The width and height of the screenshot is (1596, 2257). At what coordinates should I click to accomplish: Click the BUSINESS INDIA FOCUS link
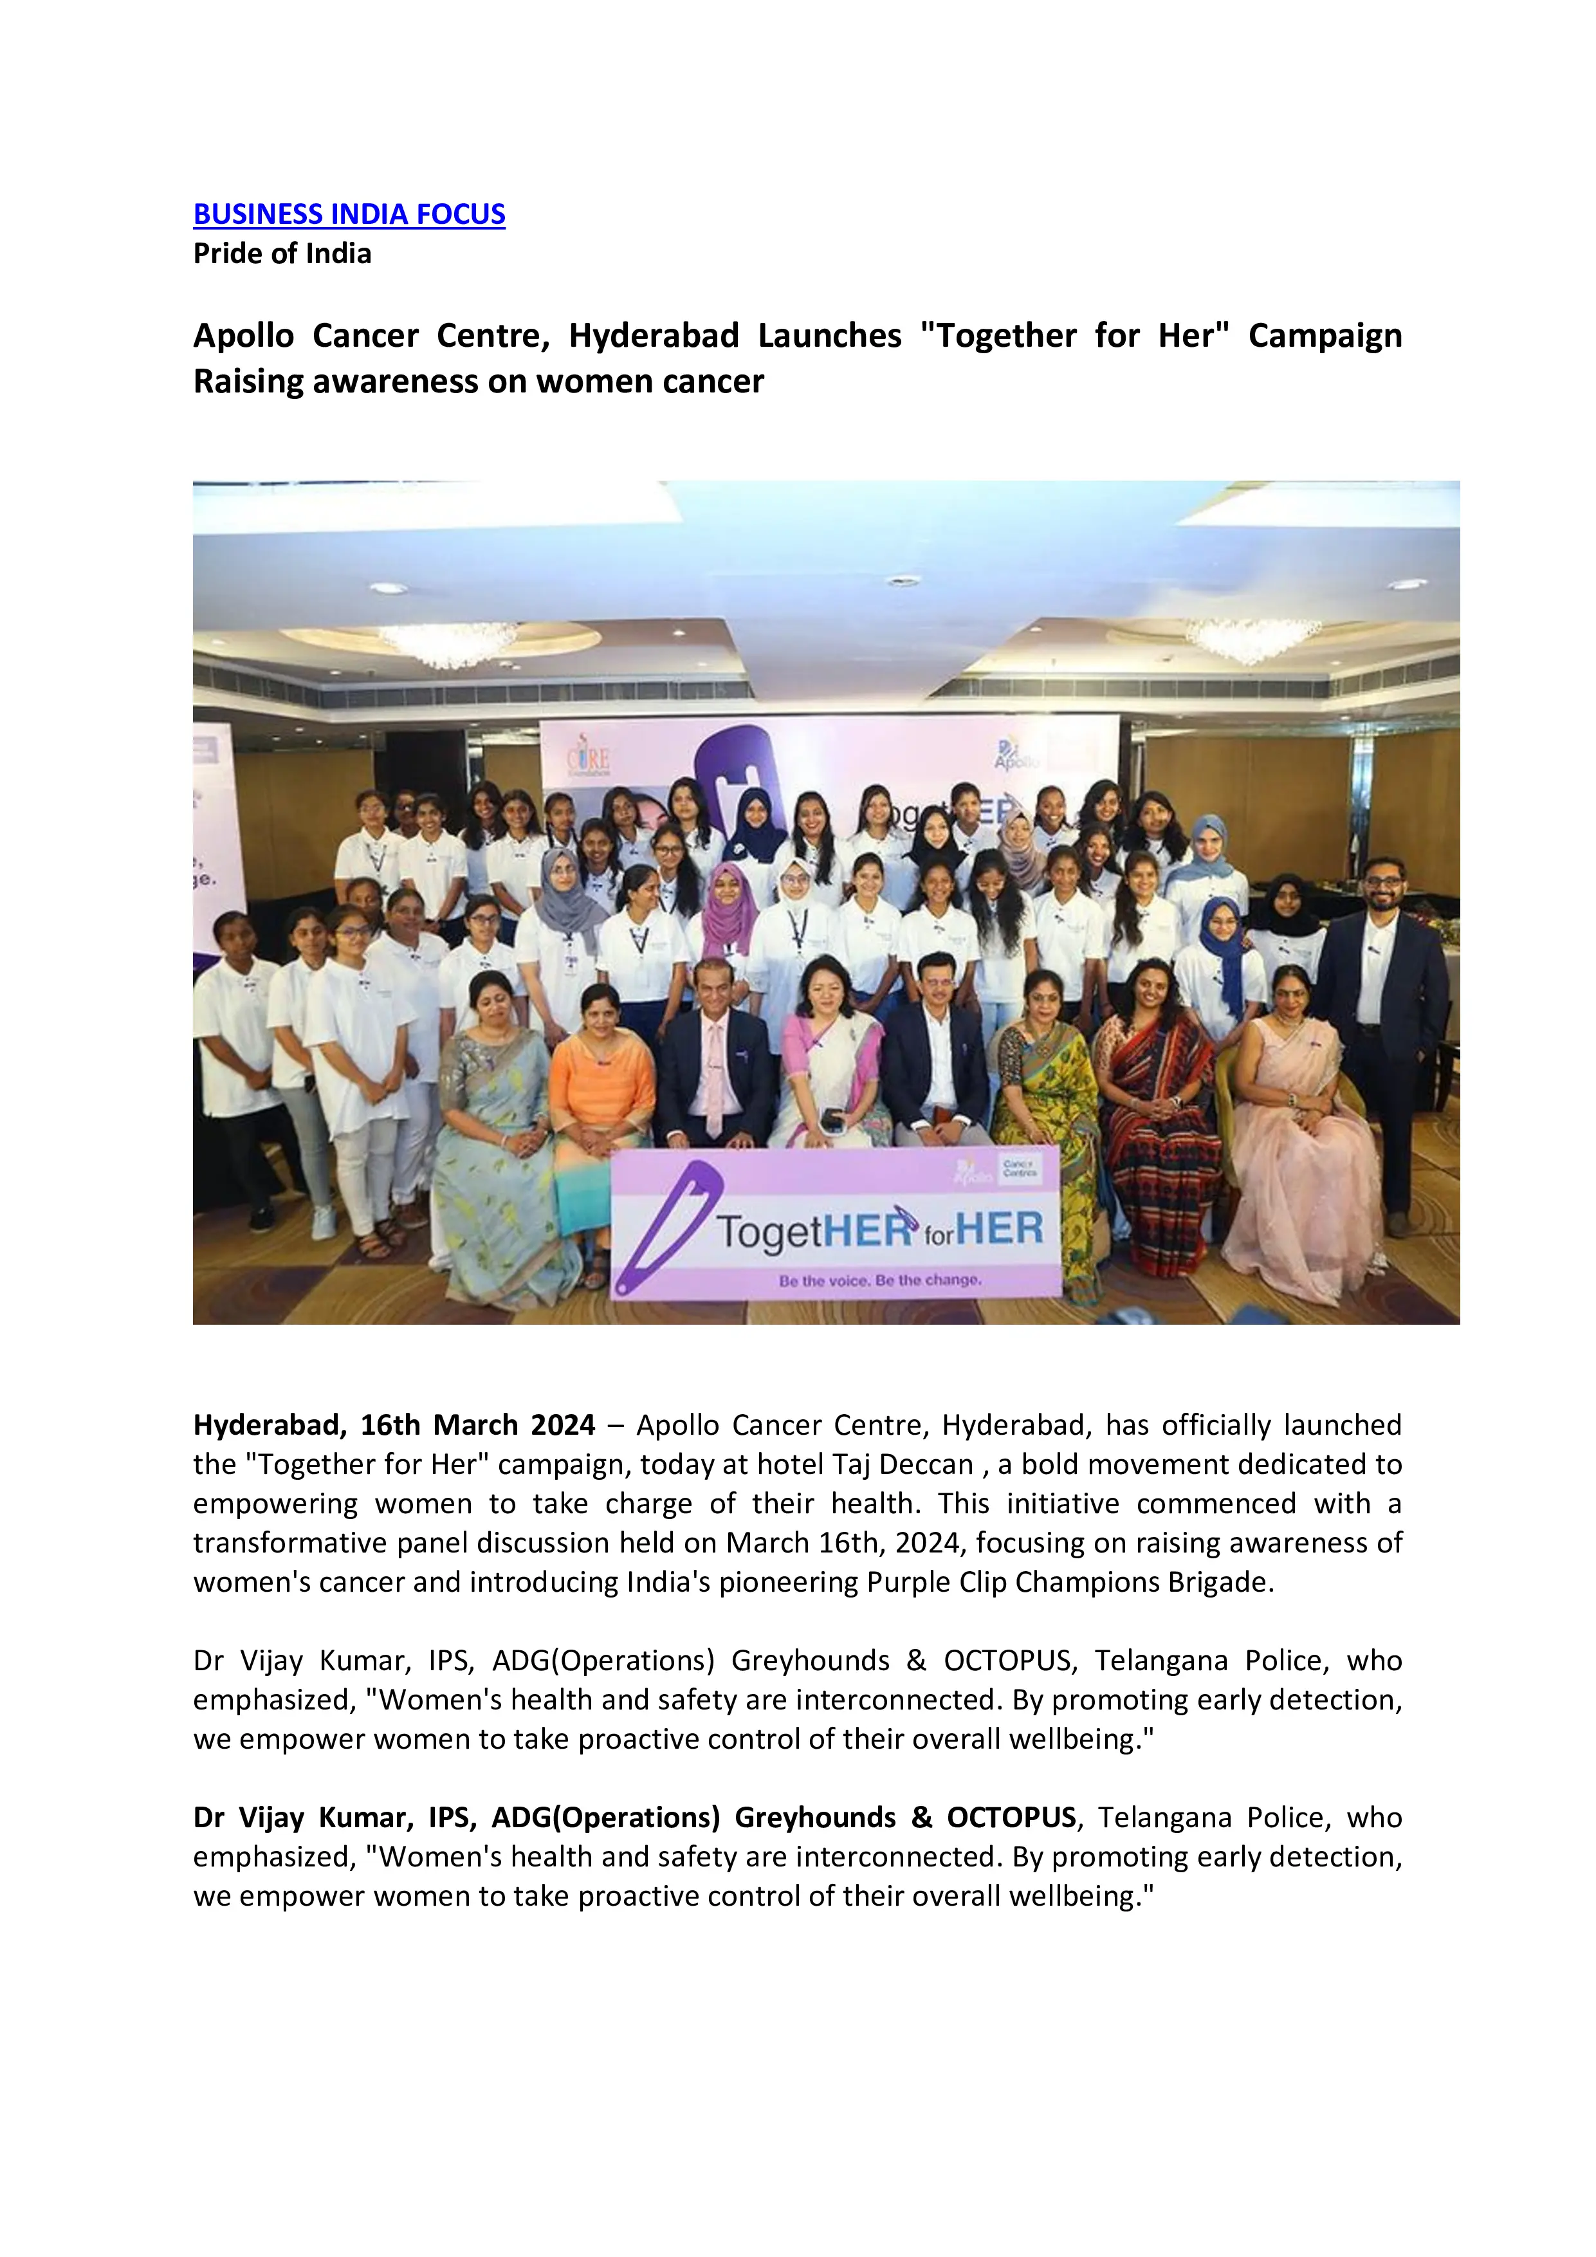(x=349, y=214)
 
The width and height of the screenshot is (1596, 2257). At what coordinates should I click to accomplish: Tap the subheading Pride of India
(x=282, y=253)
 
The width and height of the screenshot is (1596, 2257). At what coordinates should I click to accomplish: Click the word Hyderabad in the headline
(x=654, y=336)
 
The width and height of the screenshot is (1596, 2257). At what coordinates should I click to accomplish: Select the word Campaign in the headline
(x=1324, y=336)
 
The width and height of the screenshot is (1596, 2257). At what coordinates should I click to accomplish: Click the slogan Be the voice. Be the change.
(x=879, y=1281)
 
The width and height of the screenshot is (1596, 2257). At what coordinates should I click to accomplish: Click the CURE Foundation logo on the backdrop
(x=589, y=760)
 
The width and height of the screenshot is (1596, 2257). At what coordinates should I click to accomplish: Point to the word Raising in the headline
(x=248, y=382)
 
